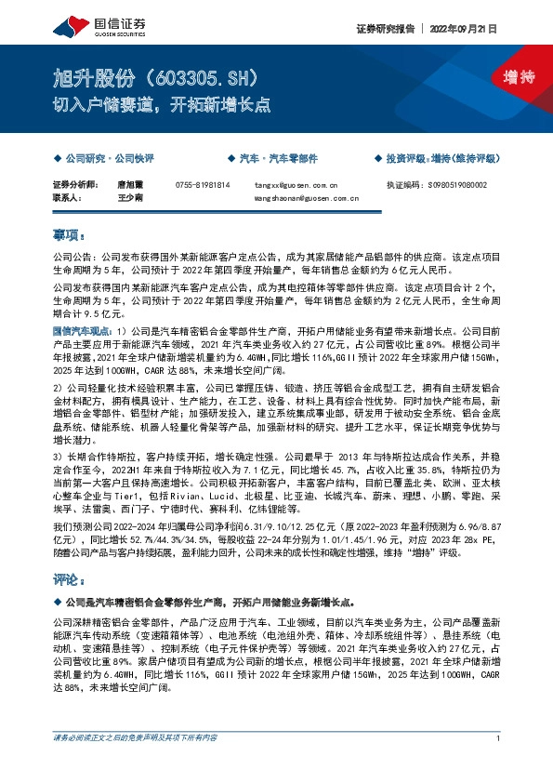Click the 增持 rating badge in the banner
(x=518, y=77)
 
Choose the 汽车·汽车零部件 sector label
(x=277, y=159)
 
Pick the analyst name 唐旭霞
(x=129, y=185)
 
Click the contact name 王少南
(x=129, y=198)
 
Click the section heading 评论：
(x=71, y=580)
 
